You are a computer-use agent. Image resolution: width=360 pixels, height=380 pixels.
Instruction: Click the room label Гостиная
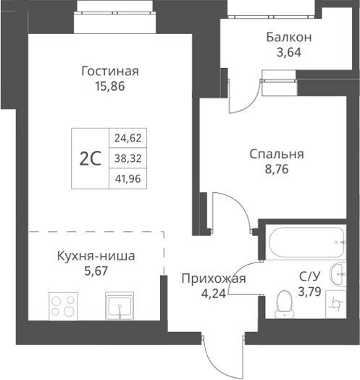pyautogui.click(x=109, y=71)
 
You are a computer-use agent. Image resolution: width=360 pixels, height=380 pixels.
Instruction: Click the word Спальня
pyautogui.click(x=276, y=154)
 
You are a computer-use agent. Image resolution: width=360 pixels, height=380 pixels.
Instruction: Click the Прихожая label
pyautogui.click(x=214, y=279)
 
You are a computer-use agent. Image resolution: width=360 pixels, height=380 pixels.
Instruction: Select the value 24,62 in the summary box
pyautogui.click(x=128, y=137)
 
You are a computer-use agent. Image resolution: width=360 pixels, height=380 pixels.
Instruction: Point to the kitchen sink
pyautogui.click(x=120, y=306)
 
